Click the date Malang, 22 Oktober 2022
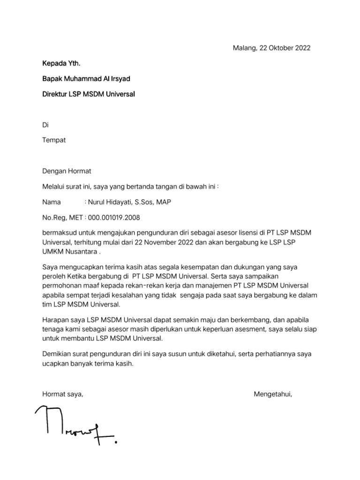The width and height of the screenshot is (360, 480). click(271, 48)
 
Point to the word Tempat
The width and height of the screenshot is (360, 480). click(54, 141)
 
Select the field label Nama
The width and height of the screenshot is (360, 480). click(52, 202)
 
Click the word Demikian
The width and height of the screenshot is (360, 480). click(58, 354)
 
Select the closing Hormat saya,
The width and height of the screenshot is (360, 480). click(63, 394)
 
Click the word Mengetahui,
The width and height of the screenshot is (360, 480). click(273, 394)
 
